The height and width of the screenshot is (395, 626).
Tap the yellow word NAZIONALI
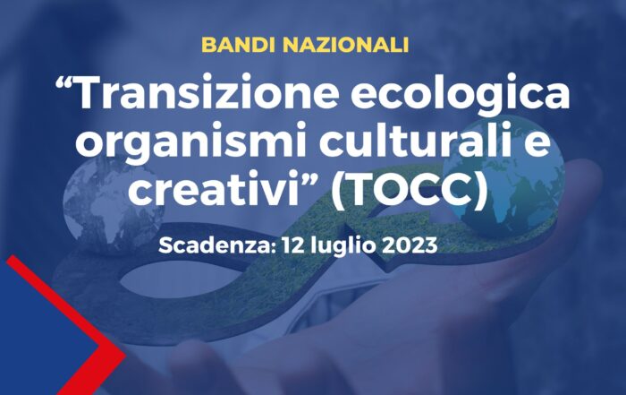click(x=346, y=45)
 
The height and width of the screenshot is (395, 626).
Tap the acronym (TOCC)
click(x=410, y=188)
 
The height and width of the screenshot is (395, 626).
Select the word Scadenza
click(x=215, y=245)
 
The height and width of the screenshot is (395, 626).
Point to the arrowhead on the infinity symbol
click(x=371, y=224)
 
